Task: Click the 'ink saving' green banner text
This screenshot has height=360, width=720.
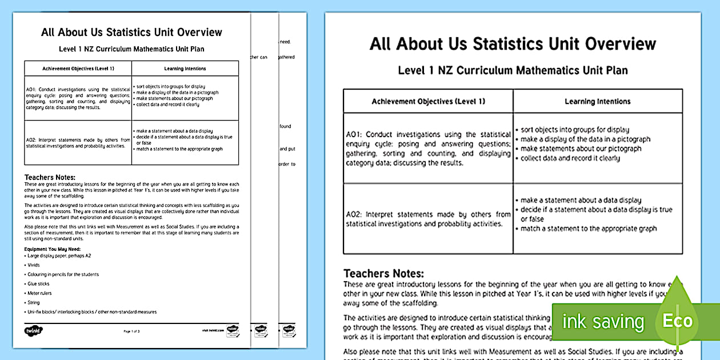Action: click(x=602, y=322)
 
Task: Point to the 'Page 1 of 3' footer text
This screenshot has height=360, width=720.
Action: click(x=131, y=331)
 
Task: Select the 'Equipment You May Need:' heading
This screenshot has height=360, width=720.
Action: click(x=52, y=250)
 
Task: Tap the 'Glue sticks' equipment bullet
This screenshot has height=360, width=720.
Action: click(x=39, y=283)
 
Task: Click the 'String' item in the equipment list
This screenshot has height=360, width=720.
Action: click(x=35, y=302)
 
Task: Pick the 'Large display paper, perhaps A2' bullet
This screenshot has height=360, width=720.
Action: click(x=59, y=255)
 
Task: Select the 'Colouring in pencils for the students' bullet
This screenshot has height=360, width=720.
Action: click(x=63, y=274)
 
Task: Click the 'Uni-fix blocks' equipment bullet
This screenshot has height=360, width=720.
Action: click(x=91, y=312)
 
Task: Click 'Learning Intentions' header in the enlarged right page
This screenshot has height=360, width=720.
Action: click(x=597, y=102)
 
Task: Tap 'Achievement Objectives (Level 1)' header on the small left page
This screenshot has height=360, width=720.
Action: click(x=78, y=69)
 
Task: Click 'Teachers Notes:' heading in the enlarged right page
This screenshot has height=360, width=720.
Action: click(x=383, y=274)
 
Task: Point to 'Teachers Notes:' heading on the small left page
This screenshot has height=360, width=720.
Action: click(x=50, y=178)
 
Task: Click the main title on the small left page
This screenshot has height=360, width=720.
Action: click(x=131, y=32)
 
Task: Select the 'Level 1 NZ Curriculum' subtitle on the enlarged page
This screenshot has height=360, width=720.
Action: click(x=513, y=70)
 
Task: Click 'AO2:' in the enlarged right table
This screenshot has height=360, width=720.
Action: click(x=355, y=214)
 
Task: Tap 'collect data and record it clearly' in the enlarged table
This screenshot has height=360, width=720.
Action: click(x=570, y=158)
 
